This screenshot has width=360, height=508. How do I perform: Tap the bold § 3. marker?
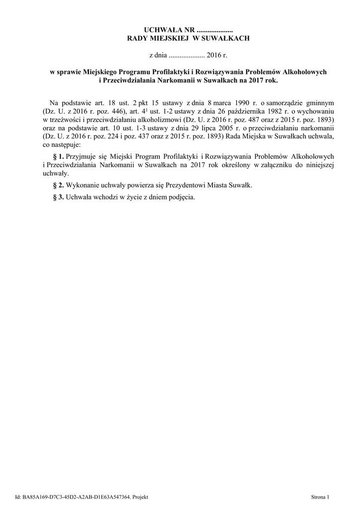point(58,197)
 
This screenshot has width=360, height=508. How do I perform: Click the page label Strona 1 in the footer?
point(320,497)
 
